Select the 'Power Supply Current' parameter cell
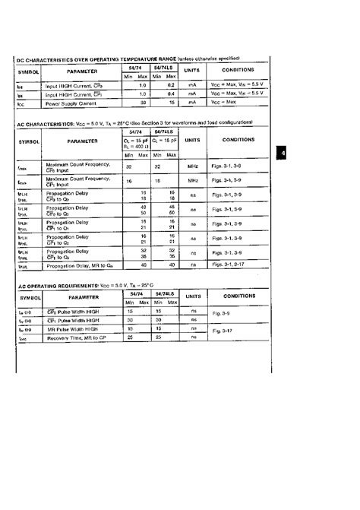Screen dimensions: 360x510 [x=73, y=101]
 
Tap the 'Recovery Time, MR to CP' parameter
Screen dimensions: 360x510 [x=77, y=337]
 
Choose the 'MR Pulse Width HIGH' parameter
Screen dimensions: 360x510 [x=74, y=328]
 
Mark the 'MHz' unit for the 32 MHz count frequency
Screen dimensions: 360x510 [x=192, y=166]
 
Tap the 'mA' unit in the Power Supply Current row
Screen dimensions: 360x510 [x=192, y=101]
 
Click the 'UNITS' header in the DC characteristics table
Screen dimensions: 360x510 [x=192, y=70]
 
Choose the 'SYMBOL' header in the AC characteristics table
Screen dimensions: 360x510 [x=30, y=141]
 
